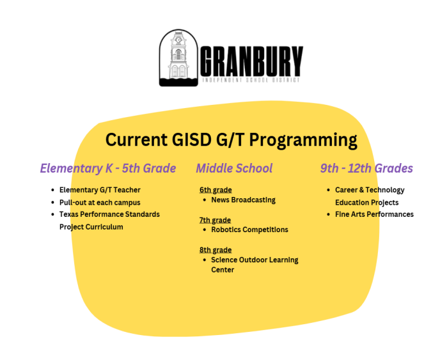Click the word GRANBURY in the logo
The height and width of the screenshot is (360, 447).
coord(251,60)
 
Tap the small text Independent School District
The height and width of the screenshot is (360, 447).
coord(251,81)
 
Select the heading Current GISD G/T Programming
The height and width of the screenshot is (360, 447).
coord(231,140)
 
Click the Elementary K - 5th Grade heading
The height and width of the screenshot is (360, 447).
coord(107,169)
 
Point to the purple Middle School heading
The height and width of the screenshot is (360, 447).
coord(234,169)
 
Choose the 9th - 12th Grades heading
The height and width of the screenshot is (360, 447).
coord(366,169)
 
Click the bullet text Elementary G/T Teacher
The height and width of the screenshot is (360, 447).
coord(100,190)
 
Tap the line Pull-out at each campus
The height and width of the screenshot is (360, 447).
coord(100,202)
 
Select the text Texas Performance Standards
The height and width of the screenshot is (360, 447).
coord(109,214)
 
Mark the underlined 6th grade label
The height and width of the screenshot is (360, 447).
coord(216,190)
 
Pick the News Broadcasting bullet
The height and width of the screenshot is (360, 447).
coord(243,200)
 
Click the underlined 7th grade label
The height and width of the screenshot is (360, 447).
coord(216,220)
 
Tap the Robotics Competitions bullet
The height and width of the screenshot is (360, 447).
coord(249,230)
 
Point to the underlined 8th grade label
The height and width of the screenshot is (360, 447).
coord(216,250)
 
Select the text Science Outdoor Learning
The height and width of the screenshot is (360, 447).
coord(255,260)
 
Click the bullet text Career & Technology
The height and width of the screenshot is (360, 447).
coord(370,190)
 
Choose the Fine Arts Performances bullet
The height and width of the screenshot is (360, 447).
coord(374,214)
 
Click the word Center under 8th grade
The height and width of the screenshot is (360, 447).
coord(223,270)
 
